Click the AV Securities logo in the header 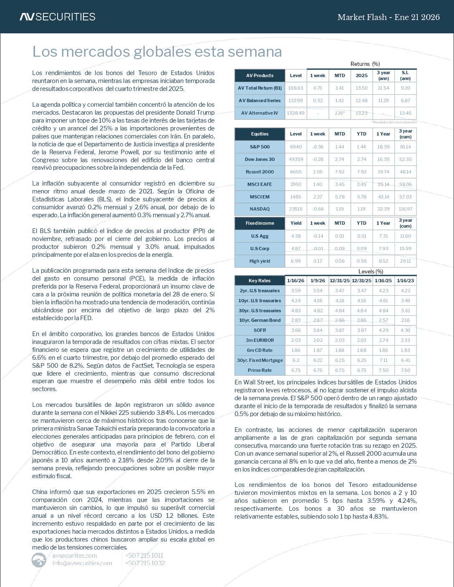point(57,17)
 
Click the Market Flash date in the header point(388,17)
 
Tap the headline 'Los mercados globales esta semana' point(157,52)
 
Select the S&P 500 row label point(260,147)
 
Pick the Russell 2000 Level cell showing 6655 point(295,172)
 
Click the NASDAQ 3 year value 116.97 point(405,209)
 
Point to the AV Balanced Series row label point(260,100)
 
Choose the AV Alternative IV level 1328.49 point(295,113)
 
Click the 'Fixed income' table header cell point(260,223)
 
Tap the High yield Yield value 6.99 point(295,261)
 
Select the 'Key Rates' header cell point(260,281)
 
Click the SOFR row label point(260,330)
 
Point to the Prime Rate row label point(260,370)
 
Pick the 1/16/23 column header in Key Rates point(405,281)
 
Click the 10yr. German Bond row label point(260,320)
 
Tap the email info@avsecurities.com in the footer point(82,563)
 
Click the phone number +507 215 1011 point(144,555)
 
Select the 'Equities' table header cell point(260,134)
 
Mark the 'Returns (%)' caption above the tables point(365,64)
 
